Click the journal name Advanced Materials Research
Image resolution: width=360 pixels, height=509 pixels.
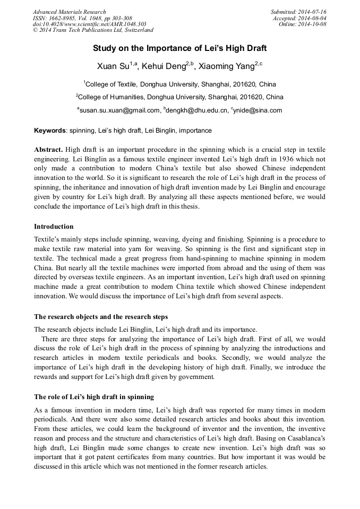(x=69, y=12)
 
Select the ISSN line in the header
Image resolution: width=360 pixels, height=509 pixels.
(x=82, y=18)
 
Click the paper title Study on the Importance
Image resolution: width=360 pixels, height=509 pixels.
(x=179, y=48)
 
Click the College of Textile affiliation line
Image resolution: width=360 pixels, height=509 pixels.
(x=179, y=84)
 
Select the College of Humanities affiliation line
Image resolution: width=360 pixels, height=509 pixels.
(x=179, y=97)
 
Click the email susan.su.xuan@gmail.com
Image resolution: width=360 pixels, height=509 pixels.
(x=119, y=110)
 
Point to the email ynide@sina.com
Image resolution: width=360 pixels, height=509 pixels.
(x=258, y=110)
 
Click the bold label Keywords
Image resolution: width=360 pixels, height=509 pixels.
(x=50, y=131)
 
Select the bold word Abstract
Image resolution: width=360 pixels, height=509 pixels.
(x=48, y=150)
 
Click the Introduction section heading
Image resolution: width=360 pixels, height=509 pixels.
(x=54, y=227)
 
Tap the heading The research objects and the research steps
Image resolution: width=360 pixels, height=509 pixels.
(x=101, y=317)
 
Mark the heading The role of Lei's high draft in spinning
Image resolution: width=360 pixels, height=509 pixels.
(x=94, y=396)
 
